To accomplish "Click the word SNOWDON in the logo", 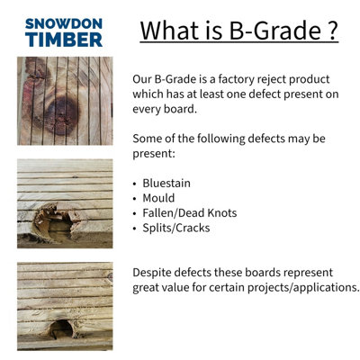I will pos(63,22).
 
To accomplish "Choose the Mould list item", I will pos(163,198).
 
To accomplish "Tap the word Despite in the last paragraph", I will pos(155,272).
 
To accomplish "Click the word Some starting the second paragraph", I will pos(148,139).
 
